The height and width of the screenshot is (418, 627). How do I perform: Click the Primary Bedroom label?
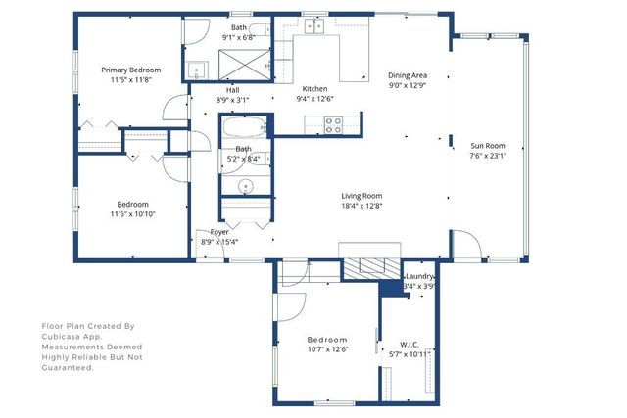click(131, 70)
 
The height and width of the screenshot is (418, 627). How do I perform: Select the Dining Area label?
click(408, 75)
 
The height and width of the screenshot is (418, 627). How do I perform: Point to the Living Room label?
click(362, 195)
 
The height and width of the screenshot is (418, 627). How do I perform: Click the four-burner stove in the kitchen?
click(333, 124)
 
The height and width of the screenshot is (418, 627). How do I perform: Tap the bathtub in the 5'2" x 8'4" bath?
click(242, 129)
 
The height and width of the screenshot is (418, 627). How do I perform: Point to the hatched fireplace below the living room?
click(370, 266)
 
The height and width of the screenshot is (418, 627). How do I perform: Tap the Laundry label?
click(420, 277)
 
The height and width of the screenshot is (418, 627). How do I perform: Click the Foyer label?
click(218, 232)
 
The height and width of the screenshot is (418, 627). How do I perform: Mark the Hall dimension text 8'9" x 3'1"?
click(233, 99)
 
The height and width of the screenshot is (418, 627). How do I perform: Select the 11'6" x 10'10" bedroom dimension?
click(132, 213)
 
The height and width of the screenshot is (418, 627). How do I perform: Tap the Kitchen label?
click(314, 88)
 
